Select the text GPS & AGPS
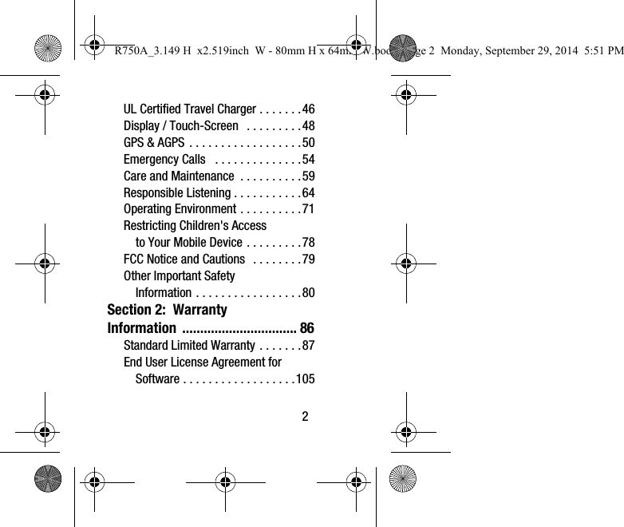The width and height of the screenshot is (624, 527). click(x=154, y=143)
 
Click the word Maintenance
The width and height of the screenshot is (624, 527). click(x=203, y=176)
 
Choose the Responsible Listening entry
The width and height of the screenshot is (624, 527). click(x=176, y=193)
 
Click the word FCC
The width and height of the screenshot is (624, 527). click(x=134, y=259)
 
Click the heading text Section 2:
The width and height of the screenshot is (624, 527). click(x=136, y=310)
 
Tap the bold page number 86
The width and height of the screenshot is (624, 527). click(x=306, y=328)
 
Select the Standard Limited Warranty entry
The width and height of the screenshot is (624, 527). click(x=189, y=346)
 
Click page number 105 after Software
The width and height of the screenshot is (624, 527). click(x=305, y=378)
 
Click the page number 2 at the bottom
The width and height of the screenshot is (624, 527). click(x=304, y=416)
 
